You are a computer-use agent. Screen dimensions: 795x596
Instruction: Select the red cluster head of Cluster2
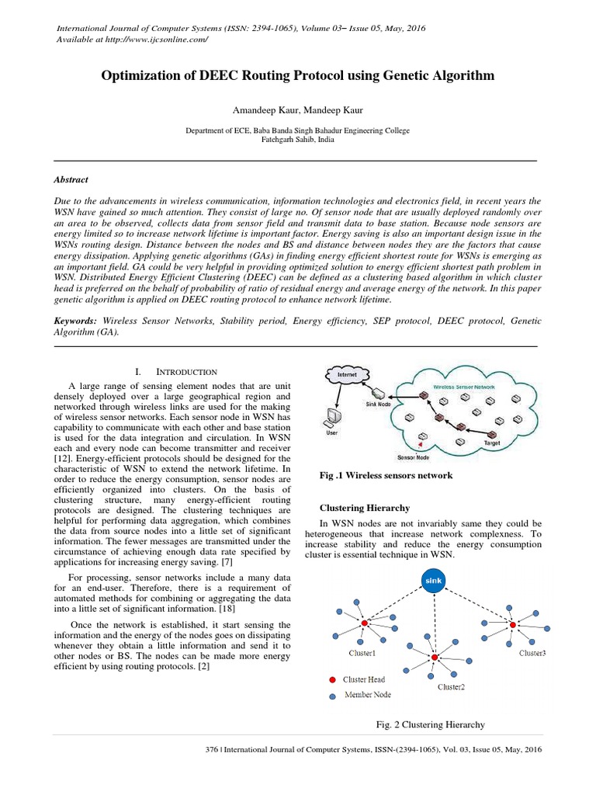coord(435,658)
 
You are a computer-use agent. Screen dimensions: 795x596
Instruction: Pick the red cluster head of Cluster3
coord(512,623)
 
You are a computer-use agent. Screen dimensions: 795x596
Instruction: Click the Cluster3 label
coord(532,654)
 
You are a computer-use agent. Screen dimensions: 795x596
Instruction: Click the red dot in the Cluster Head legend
coord(332,680)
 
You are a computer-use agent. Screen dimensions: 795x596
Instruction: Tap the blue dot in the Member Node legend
coord(332,696)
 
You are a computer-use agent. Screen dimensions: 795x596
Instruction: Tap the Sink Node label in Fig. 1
coord(378,404)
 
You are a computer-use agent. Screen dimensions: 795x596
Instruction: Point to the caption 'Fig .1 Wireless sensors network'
coord(386,474)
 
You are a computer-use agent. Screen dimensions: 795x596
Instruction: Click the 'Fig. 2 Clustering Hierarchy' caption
coord(430,724)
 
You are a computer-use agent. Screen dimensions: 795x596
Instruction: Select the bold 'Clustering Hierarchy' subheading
coord(365,508)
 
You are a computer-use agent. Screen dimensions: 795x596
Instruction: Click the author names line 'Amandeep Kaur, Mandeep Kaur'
coord(297,112)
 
